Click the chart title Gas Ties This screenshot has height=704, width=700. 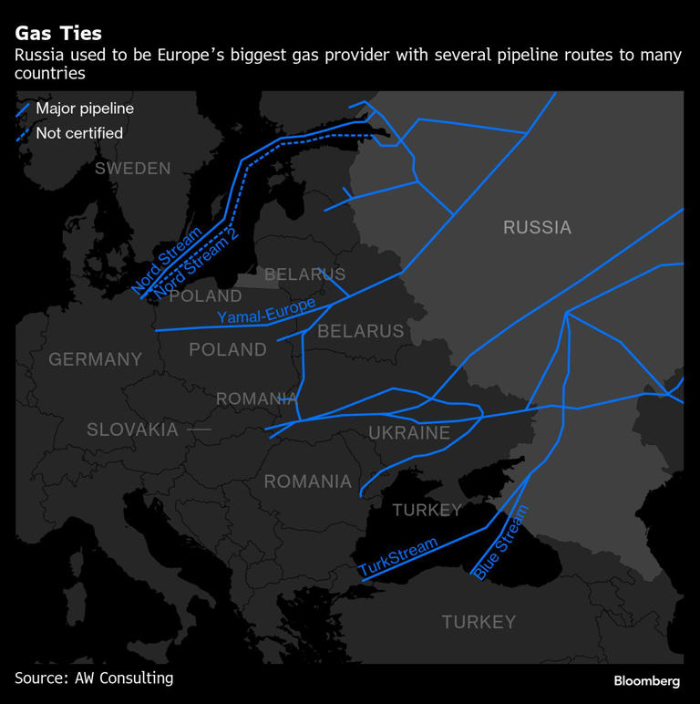pos(58,34)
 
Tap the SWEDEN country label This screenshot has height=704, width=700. pos(133,169)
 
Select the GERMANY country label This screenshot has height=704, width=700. pos(96,359)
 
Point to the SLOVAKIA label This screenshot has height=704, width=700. pos(132,430)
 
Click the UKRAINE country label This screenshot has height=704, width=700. pos(409,433)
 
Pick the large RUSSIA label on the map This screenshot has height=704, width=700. pos(537,227)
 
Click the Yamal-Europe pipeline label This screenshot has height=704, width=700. pos(266,311)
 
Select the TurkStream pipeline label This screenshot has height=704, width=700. pos(398,556)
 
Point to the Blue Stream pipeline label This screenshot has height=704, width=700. pos(500,543)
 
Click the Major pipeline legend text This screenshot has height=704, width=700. pos(85,109)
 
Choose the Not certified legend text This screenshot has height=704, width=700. pos(79,133)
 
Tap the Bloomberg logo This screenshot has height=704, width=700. pos(646,681)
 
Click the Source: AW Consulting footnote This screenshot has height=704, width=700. pos(94,678)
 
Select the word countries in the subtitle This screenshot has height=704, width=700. pos(50,74)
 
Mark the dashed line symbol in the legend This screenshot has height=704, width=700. pos(23,134)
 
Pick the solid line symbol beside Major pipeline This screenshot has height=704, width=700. pos(23,109)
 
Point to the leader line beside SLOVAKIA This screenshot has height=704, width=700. pos(199,429)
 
